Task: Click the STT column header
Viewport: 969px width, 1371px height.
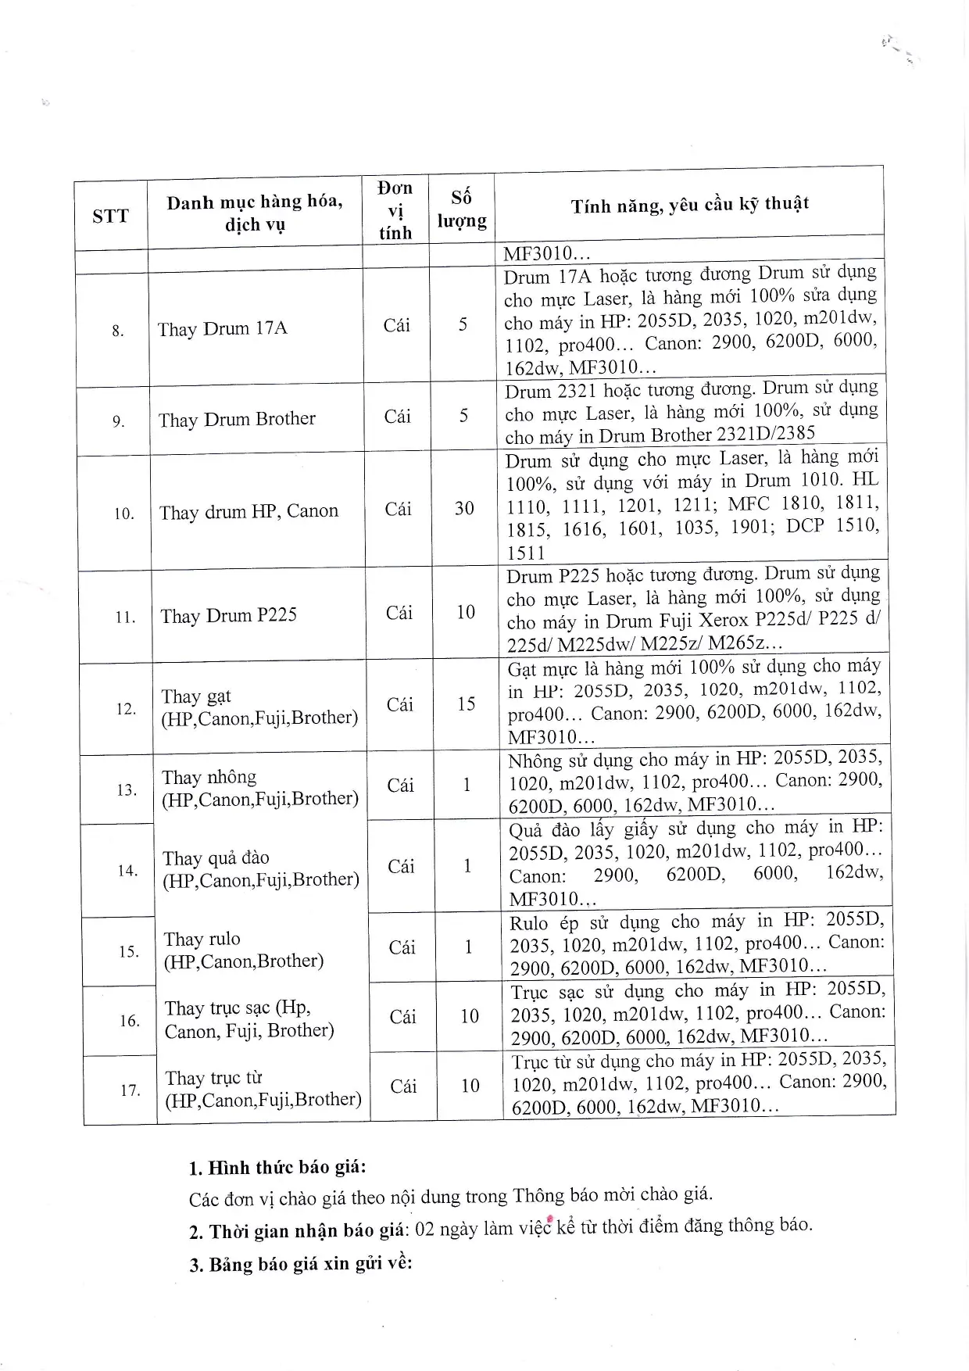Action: coord(110,216)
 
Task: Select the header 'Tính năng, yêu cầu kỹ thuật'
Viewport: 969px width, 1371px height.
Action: coord(689,206)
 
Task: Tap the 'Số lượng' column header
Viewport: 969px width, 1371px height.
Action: coord(462,209)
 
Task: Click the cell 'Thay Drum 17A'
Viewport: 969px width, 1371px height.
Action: coord(223,328)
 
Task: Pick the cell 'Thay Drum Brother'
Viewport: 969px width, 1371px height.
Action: coord(237,420)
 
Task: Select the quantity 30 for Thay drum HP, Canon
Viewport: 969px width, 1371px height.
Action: coord(465,509)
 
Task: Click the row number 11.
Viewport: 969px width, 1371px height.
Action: coord(125,617)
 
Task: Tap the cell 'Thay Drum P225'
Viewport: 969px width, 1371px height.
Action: coord(229,616)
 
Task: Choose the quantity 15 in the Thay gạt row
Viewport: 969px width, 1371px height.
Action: coord(467,704)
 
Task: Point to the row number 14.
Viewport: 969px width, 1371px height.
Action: coord(127,871)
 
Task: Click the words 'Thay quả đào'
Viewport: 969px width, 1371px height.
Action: coord(216,858)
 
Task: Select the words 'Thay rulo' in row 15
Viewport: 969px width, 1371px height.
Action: coord(202,939)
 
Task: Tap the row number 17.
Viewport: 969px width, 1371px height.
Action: coord(131,1090)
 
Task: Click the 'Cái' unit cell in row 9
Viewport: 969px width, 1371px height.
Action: coord(398,417)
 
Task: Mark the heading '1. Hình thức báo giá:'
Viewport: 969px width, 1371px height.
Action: coord(277,1168)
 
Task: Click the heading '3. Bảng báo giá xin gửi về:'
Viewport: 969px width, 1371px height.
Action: coord(300,1264)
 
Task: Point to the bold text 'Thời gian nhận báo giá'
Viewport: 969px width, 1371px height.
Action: coord(306,1231)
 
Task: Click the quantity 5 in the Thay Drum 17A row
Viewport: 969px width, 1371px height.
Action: coord(463,324)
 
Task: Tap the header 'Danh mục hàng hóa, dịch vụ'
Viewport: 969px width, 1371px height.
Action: coord(255,213)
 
